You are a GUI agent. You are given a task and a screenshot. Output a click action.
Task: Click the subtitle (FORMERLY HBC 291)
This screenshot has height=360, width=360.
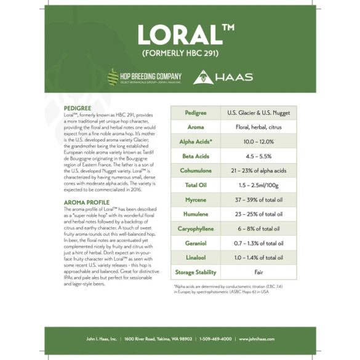click(179, 54)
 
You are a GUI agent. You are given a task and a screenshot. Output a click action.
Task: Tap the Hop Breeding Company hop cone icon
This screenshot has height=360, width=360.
click(113, 77)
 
